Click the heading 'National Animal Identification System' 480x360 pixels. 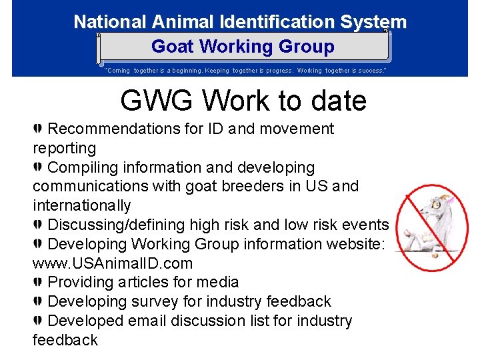click(240, 22)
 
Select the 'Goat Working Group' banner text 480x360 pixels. click(243, 47)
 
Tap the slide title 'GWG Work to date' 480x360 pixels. click(243, 101)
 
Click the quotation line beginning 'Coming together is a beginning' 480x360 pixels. click(245, 70)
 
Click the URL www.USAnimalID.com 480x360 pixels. click(113, 263)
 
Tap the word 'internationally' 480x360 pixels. click(82, 205)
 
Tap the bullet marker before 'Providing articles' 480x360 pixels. click(38, 283)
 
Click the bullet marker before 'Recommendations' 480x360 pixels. click(38, 129)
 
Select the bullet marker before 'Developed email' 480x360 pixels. click(38, 321)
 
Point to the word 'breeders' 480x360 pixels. click(253, 186)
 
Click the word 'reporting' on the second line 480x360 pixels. click(64, 148)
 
